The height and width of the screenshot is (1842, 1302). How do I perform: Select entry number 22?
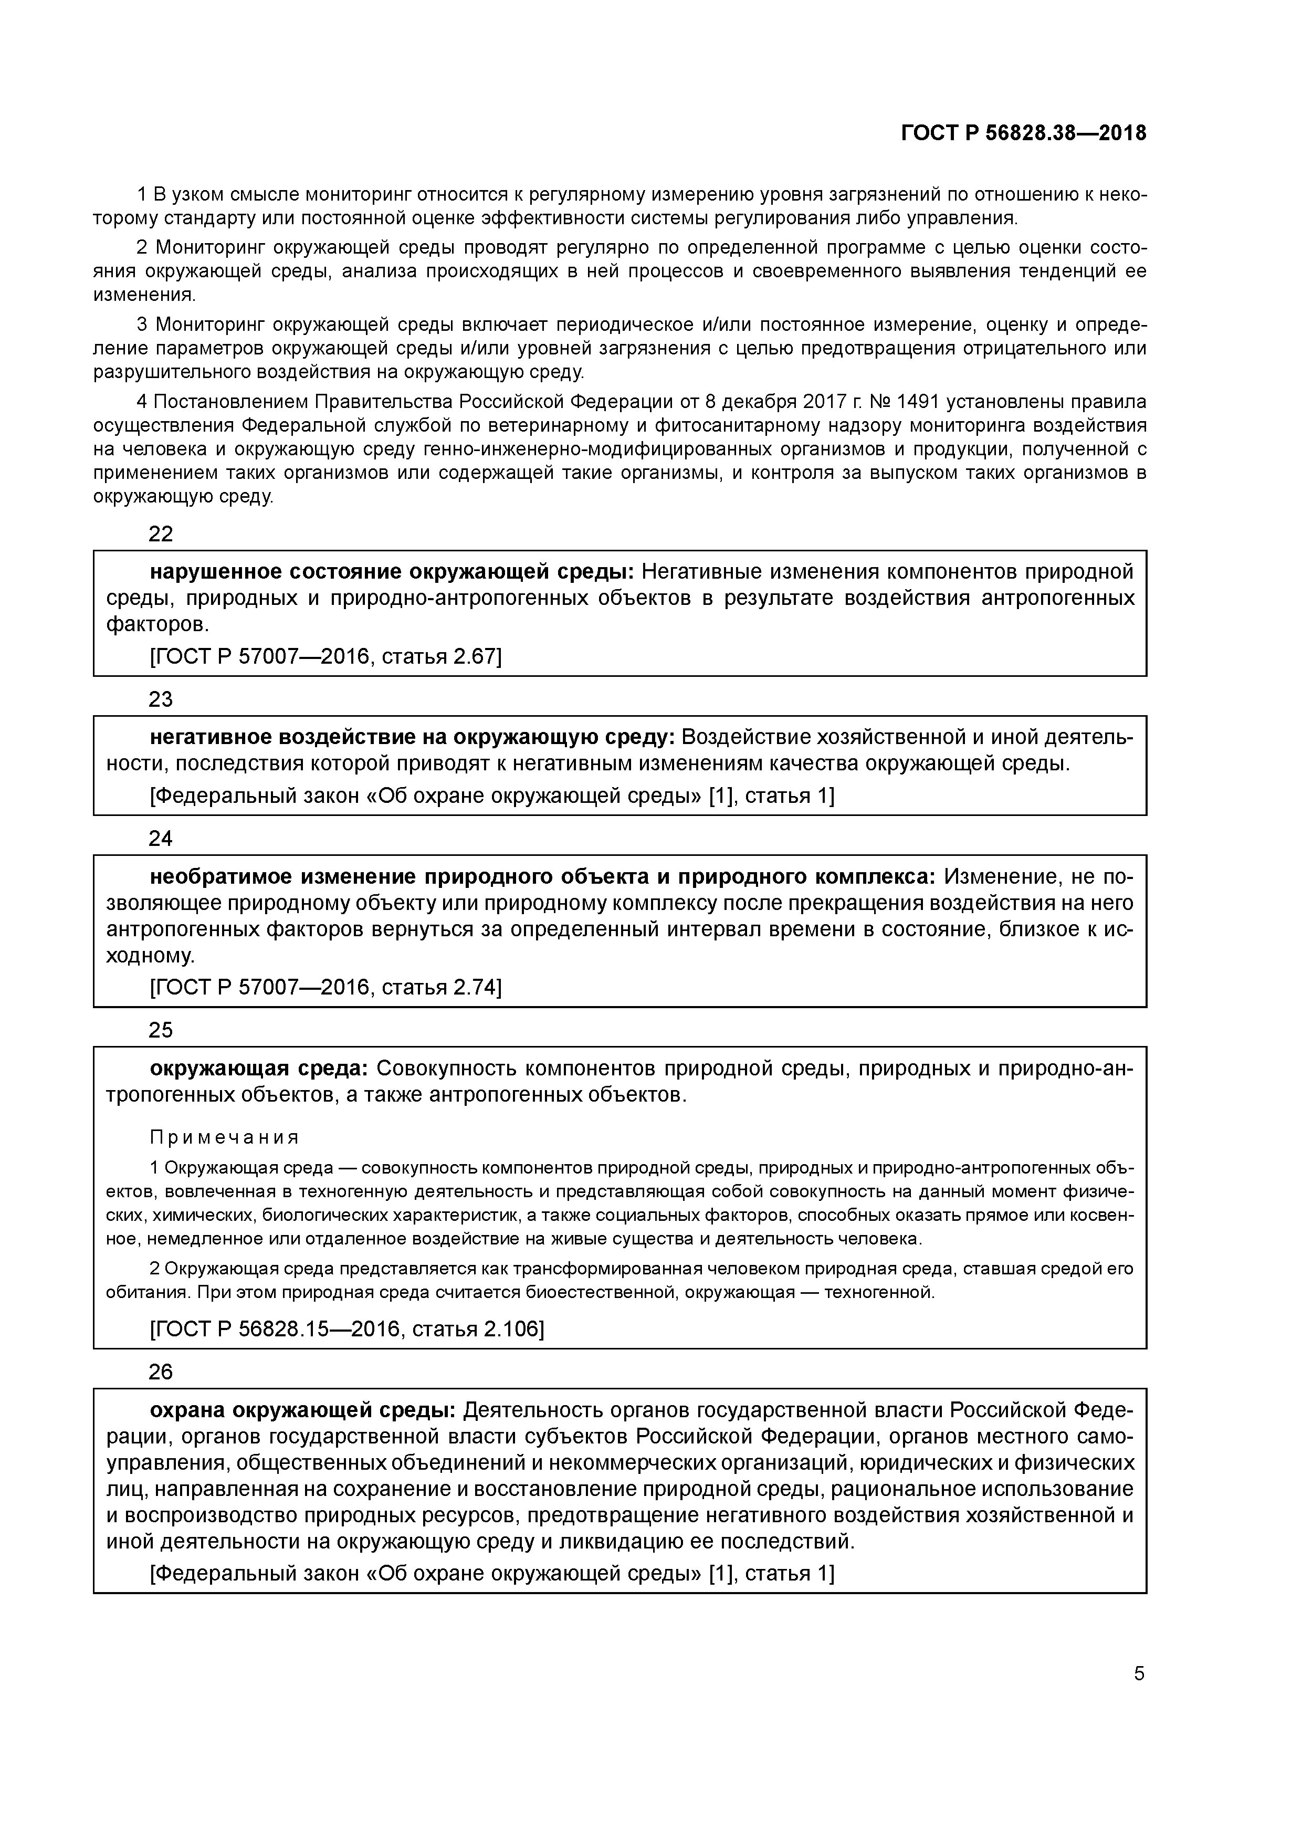[161, 535]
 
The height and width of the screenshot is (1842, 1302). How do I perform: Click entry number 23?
[161, 699]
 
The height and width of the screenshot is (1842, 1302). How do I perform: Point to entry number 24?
[161, 839]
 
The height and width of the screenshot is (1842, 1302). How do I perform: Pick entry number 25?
[161, 1030]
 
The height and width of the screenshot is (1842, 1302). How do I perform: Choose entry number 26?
[161, 1372]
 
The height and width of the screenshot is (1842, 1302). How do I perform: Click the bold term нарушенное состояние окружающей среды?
[392, 572]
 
